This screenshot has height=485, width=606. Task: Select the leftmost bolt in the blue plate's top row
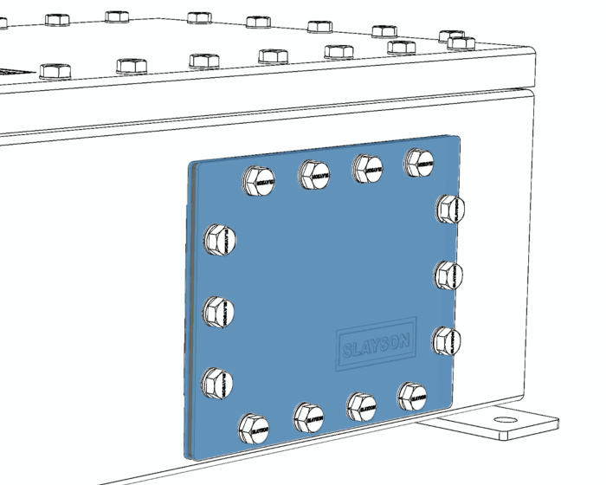(260, 181)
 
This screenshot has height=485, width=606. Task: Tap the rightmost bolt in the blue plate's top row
(420, 161)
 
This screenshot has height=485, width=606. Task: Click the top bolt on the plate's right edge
(449, 210)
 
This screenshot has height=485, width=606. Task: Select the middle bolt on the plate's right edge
(448, 275)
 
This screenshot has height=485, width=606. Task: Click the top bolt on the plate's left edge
(220, 239)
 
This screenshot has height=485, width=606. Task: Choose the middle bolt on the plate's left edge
(220, 310)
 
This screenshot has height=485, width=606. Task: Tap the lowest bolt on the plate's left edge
(219, 380)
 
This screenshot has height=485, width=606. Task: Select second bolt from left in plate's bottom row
(308, 417)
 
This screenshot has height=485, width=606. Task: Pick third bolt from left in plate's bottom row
(362, 405)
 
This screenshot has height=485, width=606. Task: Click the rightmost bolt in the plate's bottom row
(413, 397)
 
